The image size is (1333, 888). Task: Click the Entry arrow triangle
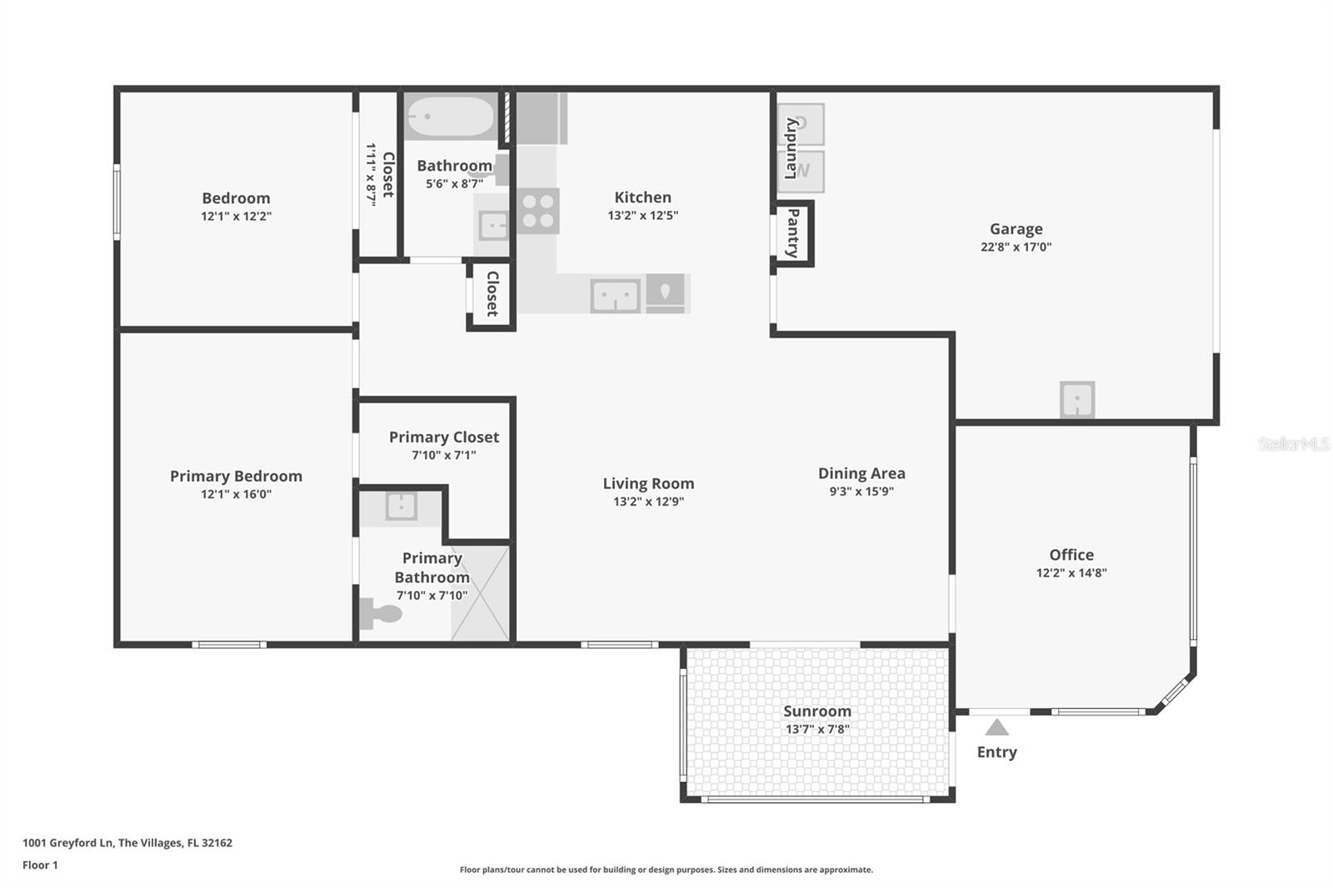click(996, 728)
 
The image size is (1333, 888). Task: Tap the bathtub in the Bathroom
click(450, 117)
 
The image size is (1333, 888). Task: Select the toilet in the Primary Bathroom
click(382, 614)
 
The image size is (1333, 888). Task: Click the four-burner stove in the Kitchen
click(537, 211)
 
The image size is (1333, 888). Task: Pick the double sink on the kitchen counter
click(615, 296)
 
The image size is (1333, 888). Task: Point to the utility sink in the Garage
click(1076, 400)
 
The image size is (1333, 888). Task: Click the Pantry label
click(793, 233)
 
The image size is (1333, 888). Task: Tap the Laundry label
click(791, 148)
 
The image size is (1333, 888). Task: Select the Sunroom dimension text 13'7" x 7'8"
click(816, 729)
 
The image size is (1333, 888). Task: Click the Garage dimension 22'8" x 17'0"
click(1016, 247)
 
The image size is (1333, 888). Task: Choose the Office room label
click(1071, 555)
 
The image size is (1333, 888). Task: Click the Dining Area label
click(861, 473)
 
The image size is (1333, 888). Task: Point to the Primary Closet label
click(443, 437)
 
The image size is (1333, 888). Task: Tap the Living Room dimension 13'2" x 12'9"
click(648, 501)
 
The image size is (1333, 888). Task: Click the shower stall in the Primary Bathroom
click(481, 593)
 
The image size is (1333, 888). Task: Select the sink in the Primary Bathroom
click(401, 506)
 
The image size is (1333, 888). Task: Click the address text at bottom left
click(127, 842)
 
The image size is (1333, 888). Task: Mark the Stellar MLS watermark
click(1293, 444)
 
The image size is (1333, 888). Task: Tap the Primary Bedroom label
click(236, 476)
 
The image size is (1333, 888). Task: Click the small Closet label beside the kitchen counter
click(492, 294)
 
